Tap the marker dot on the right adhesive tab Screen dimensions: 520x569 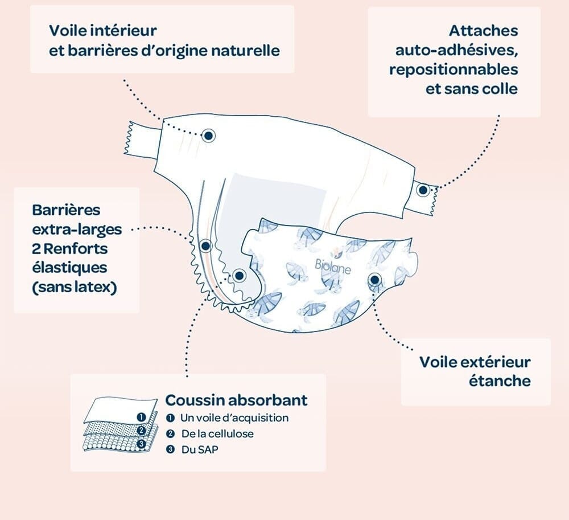pyautogui.click(x=422, y=190)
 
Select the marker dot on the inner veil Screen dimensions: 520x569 pyautogui.click(x=209, y=135)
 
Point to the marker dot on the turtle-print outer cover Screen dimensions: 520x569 pyautogui.click(x=374, y=280)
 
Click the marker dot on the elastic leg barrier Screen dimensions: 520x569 pyautogui.click(x=205, y=246)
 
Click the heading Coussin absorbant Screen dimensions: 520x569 pyautogui.click(x=236, y=399)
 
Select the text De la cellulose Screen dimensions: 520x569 pyautogui.click(x=217, y=434)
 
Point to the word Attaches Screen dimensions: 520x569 pyautogui.click(x=483, y=30)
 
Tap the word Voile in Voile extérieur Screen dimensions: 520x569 pyautogui.click(x=439, y=362)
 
